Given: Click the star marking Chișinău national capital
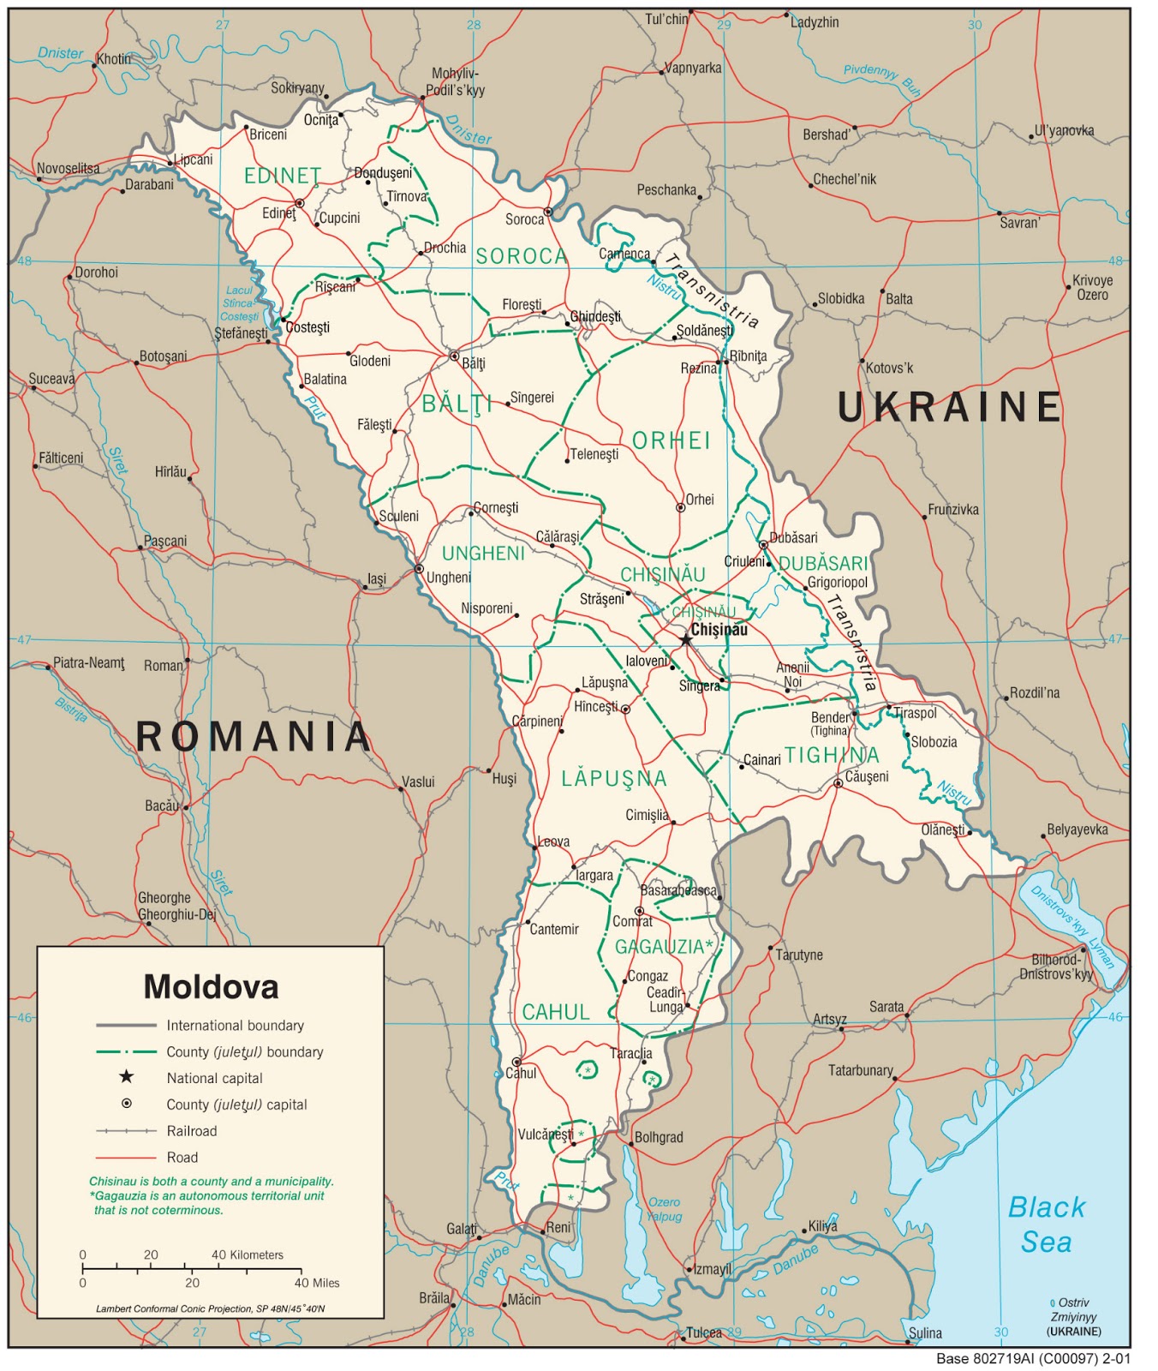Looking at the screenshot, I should point(685,639).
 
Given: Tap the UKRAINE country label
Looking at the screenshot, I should point(949,407).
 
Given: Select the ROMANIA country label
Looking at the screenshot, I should point(254,737).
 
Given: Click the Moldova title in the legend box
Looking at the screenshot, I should point(211,987).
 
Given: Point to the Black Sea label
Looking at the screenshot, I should point(1047,1224).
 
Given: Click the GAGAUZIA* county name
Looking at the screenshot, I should point(664,947).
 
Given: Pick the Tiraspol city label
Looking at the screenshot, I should point(916,713).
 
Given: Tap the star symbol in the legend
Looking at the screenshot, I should point(126,1077).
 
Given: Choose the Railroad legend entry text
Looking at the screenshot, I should point(192,1131).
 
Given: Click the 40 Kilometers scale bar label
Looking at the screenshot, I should point(248,1254).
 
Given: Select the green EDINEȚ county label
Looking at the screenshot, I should point(283,176).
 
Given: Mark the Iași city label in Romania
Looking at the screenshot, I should point(377,579).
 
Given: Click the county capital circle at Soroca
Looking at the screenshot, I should point(548,212).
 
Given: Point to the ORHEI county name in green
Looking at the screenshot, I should point(672,440).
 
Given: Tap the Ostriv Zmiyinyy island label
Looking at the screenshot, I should point(1074,1316).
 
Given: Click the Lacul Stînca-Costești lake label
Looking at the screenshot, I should point(240,303).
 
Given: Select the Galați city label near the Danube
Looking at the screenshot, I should point(462,1229).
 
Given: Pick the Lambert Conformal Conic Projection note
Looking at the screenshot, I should point(211,1308).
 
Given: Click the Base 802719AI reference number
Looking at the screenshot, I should point(1033,1358).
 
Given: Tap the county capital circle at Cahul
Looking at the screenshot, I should point(516,1063).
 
